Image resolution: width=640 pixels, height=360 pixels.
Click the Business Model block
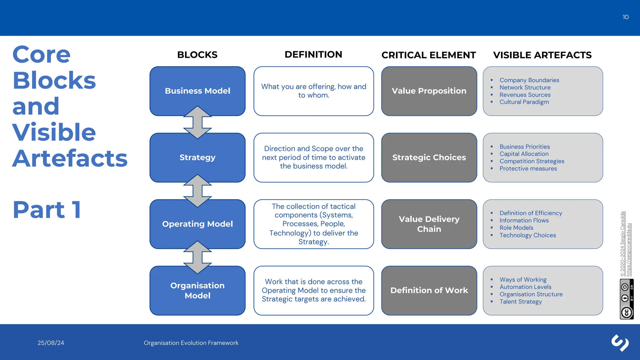197,91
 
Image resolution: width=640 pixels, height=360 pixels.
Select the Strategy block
197,157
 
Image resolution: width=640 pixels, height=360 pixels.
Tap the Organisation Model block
197,291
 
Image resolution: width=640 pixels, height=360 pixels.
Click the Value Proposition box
429,91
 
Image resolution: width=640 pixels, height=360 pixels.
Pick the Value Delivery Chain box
429,224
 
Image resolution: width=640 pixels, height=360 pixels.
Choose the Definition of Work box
429,290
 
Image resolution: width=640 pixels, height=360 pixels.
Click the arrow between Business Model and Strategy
197,122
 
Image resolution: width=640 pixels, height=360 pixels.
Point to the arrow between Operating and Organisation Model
197,257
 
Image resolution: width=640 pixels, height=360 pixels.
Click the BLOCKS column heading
197,55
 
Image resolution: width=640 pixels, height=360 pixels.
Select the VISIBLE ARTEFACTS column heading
542,55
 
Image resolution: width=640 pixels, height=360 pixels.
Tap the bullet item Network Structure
525,87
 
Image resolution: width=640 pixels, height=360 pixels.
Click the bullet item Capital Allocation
524,154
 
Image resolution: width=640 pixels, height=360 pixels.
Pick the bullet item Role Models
516,228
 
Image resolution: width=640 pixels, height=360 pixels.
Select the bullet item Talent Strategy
520,302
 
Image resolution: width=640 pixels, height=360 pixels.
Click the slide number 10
625,17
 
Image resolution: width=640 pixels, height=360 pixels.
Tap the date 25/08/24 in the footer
51,343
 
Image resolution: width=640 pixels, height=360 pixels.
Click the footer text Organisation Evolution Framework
191,343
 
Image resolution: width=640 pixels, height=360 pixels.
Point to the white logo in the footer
620,343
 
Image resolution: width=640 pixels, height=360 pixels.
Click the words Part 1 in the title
47,209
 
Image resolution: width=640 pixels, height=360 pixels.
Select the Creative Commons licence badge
626,299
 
